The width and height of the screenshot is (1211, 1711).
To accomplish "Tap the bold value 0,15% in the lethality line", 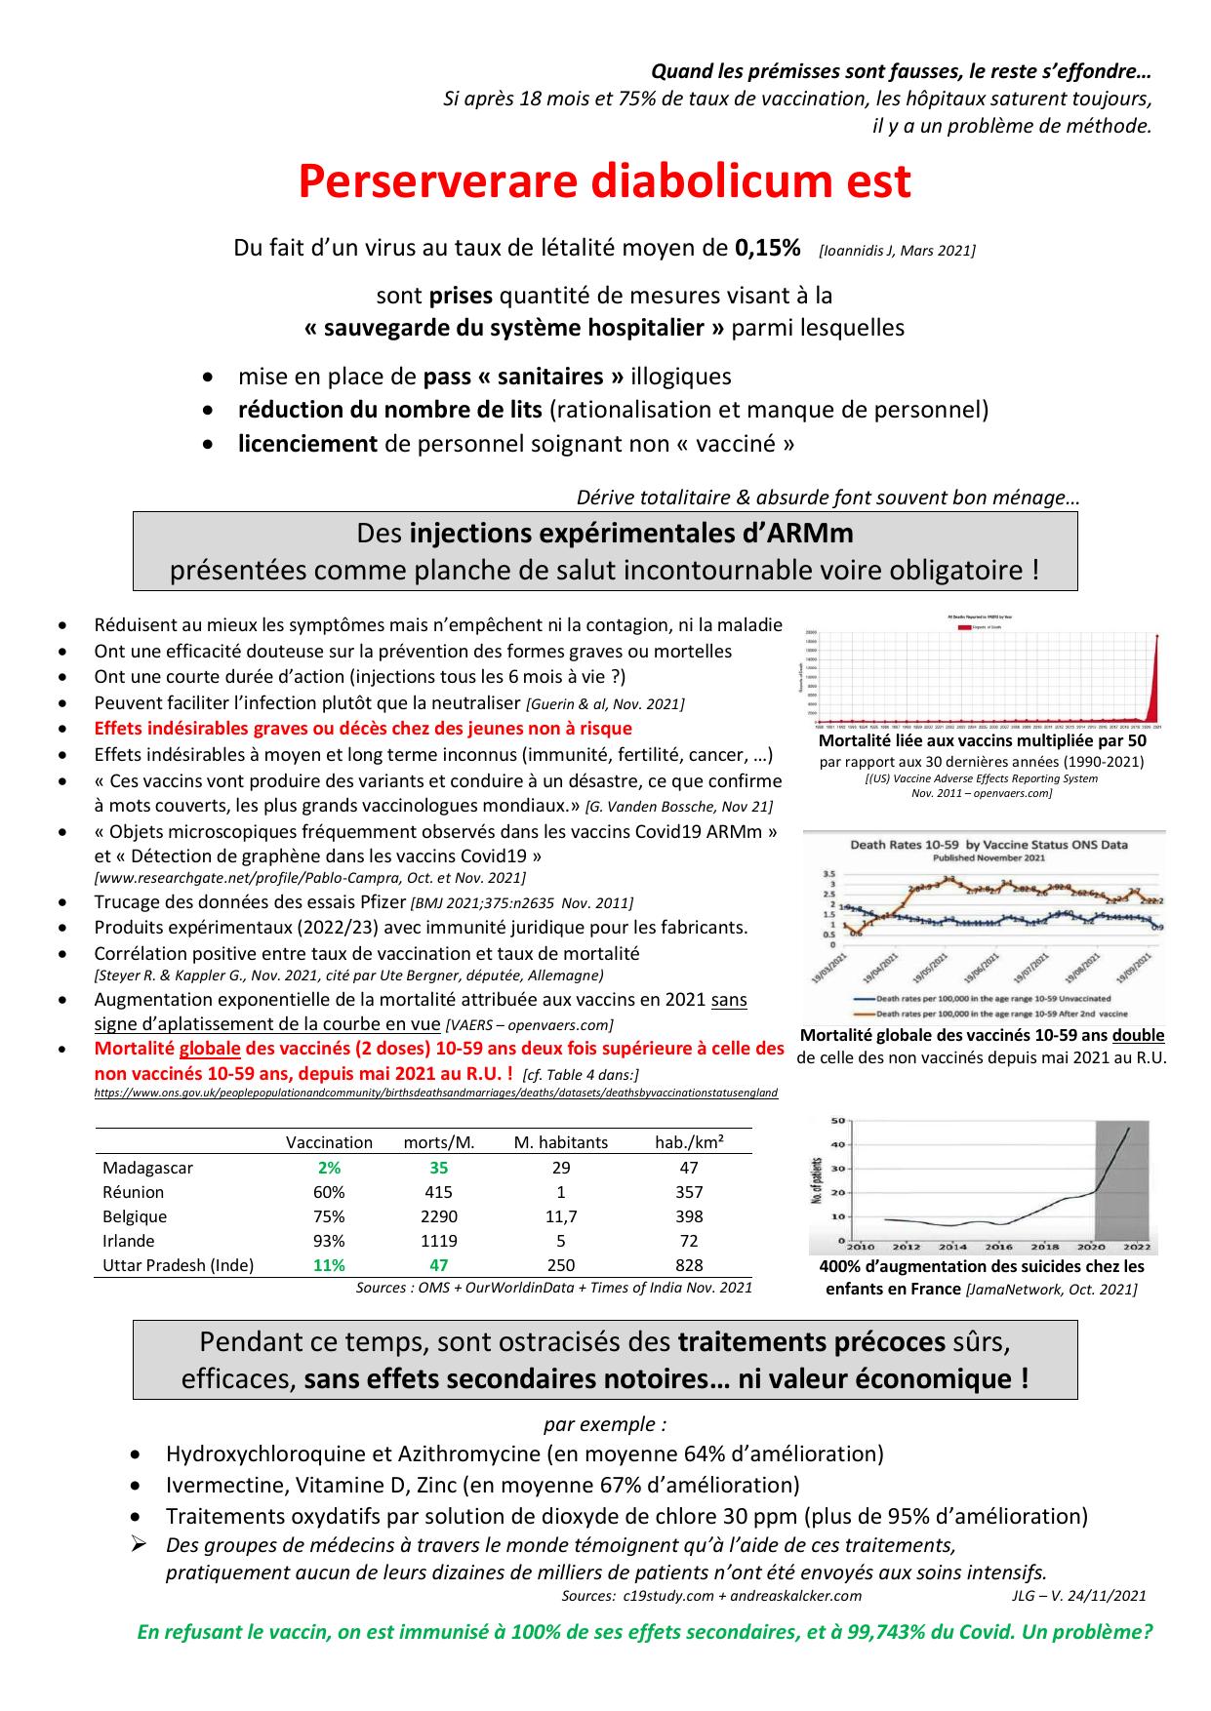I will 767,248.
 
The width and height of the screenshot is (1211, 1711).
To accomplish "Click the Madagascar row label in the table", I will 147,1168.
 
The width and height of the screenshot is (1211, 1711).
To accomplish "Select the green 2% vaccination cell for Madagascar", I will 329,1168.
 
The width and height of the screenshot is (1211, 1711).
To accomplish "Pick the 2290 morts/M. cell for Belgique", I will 438,1216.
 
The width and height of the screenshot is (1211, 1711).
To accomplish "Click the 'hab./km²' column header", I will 689,1142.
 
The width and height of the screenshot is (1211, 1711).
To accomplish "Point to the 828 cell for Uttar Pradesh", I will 689,1265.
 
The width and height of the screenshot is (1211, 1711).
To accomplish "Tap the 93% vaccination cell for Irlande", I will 329,1241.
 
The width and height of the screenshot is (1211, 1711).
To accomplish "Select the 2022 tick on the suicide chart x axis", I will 1138,1247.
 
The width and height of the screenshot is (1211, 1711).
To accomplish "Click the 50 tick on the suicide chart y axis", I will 836,1121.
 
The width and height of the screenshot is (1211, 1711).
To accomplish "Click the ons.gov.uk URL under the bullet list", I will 435,1094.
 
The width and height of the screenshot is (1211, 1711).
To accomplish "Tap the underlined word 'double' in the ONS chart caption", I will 1138,1035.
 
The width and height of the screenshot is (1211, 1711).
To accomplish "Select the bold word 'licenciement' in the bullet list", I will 307,444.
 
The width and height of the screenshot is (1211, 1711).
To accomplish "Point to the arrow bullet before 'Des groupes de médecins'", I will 139,1544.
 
